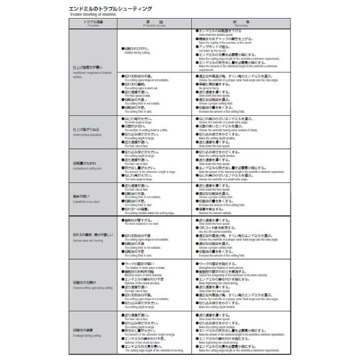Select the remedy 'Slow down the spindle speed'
[x=220, y=34]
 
